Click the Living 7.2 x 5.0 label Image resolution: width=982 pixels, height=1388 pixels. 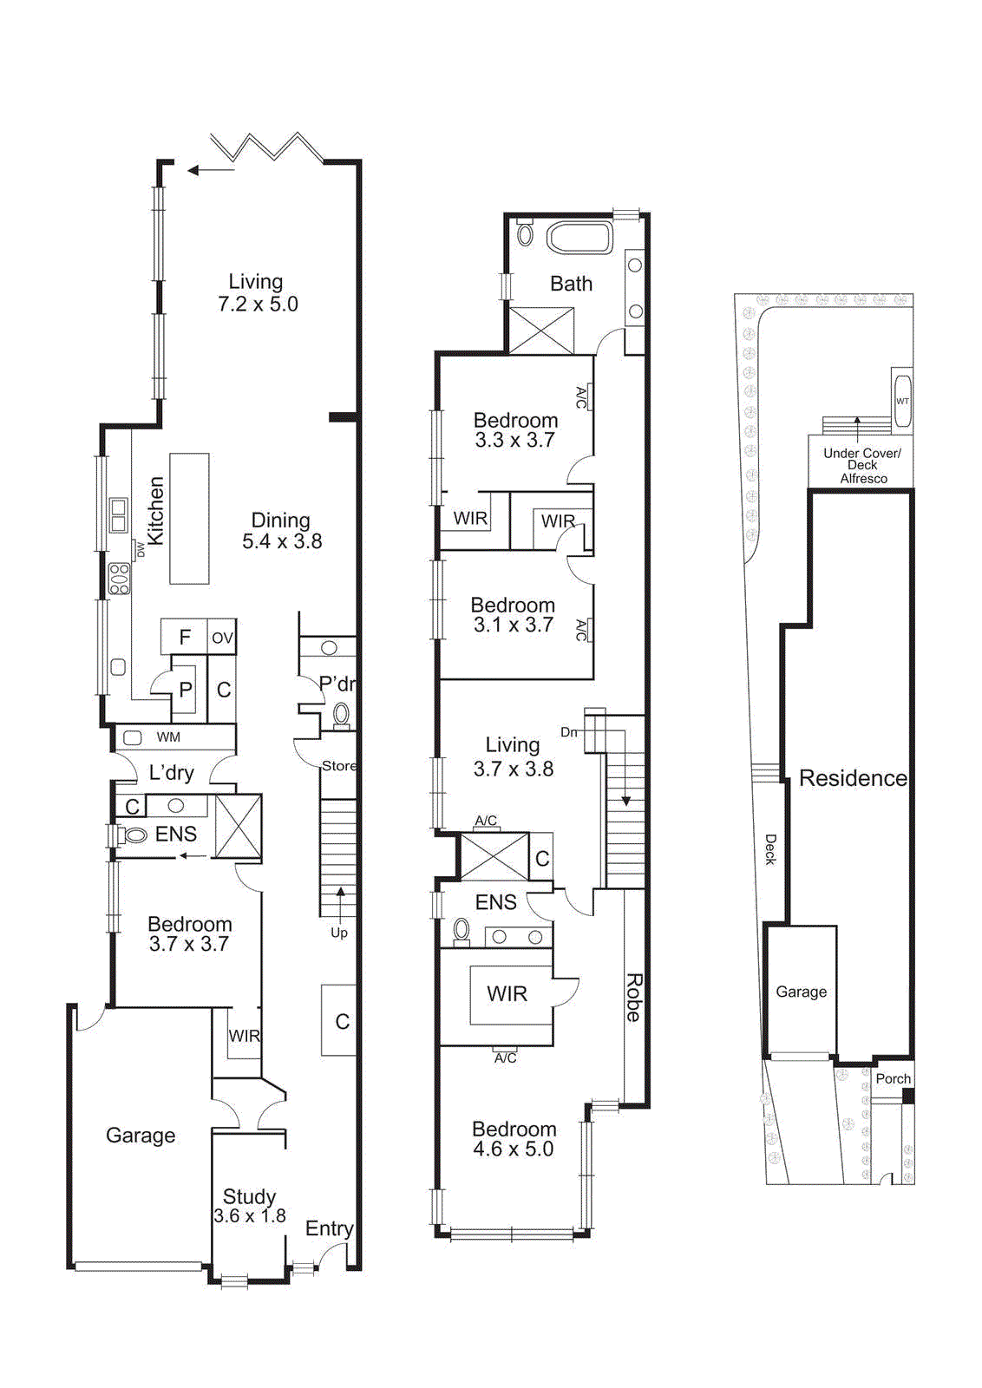click(x=257, y=293)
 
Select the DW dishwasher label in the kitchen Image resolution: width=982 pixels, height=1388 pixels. click(x=141, y=549)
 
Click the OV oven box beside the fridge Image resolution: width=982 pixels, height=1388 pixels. click(x=222, y=638)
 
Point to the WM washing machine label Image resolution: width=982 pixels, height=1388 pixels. click(x=168, y=737)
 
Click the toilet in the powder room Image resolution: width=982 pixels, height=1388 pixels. click(x=341, y=715)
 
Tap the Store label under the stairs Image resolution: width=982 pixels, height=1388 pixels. click(x=338, y=766)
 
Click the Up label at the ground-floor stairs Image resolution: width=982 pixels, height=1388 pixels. click(x=339, y=933)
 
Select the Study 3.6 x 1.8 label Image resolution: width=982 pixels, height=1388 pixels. click(x=250, y=1207)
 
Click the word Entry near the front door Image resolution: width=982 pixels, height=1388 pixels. click(x=329, y=1228)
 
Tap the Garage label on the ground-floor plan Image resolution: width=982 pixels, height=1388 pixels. click(x=141, y=1136)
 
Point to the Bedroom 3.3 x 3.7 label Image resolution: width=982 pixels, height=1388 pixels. click(x=515, y=430)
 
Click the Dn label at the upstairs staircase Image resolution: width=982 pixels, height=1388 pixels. click(x=568, y=732)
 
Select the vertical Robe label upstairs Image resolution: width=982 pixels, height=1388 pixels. click(x=634, y=998)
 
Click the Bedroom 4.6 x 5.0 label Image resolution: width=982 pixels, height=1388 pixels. click(x=514, y=1139)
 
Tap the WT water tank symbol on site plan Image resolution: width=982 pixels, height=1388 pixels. click(x=902, y=401)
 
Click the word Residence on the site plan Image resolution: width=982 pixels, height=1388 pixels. click(x=853, y=778)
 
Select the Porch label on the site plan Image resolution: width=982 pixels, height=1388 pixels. click(x=893, y=1079)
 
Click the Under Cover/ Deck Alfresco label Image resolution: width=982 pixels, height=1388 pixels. click(x=862, y=466)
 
